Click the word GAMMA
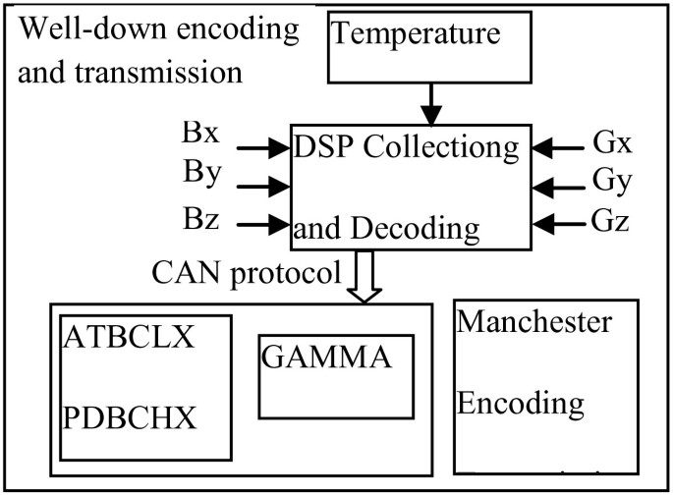pyautogui.click(x=327, y=357)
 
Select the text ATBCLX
pyautogui.click(x=128, y=340)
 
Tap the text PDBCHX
pyautogui.click(x=131, y=417)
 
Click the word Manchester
pyautogui.click(x=534, y=321)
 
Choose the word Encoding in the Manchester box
pyautogui.click(x=522, y=403)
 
